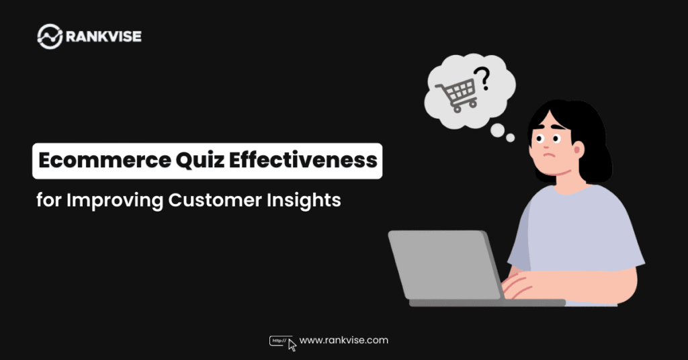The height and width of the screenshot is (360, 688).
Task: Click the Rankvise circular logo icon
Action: click(50, 36)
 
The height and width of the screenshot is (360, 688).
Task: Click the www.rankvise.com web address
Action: click(343, 341)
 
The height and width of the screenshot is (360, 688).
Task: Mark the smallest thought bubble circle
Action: click(511, 138)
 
